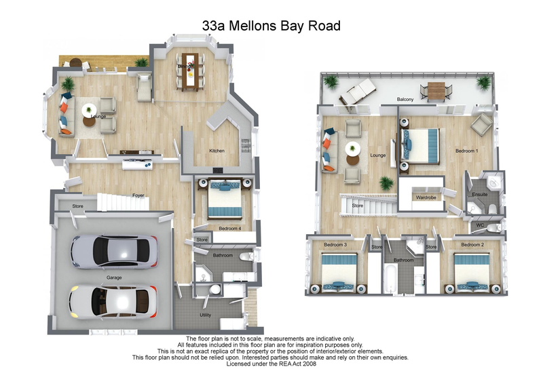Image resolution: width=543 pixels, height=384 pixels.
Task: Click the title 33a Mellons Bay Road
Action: click(x=271, y=26)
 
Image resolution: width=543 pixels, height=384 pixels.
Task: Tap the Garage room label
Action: click(x=113, y=278)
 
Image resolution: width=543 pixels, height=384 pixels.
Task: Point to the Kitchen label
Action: click(x=217, y=151)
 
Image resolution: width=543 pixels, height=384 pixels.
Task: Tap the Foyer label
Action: click(x=138, y=195)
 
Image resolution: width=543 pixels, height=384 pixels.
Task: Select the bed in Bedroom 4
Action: click(x=223, y=198)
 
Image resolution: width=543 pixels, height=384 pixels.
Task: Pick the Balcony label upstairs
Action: click(x=406, y=100)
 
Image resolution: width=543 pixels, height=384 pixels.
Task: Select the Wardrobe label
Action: click(x=426, y=197)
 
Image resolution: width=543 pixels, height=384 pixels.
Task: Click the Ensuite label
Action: click(x=480, y=195)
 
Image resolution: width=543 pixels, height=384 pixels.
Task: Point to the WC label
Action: click(x=480, y=225)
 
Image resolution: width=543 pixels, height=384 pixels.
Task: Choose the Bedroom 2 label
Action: click(x=472, y=244)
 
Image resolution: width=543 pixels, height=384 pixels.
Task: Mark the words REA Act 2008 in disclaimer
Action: click(x=297, y=364)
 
